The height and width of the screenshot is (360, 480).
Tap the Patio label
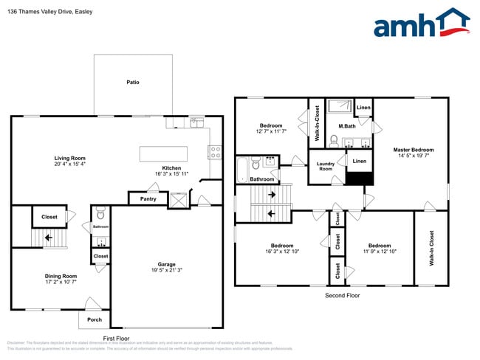132,82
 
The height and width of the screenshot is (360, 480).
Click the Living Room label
69,158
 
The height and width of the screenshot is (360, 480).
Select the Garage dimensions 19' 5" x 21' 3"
166,271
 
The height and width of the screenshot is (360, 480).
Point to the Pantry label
148,198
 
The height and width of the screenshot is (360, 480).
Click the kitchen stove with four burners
216,153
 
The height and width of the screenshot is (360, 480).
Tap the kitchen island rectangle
171,153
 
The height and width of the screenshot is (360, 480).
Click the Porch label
95,319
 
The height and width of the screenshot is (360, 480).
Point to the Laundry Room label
326,167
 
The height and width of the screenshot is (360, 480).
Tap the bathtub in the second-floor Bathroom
242,169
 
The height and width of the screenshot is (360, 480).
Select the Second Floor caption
343,295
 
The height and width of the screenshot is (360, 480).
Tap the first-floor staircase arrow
49,238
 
